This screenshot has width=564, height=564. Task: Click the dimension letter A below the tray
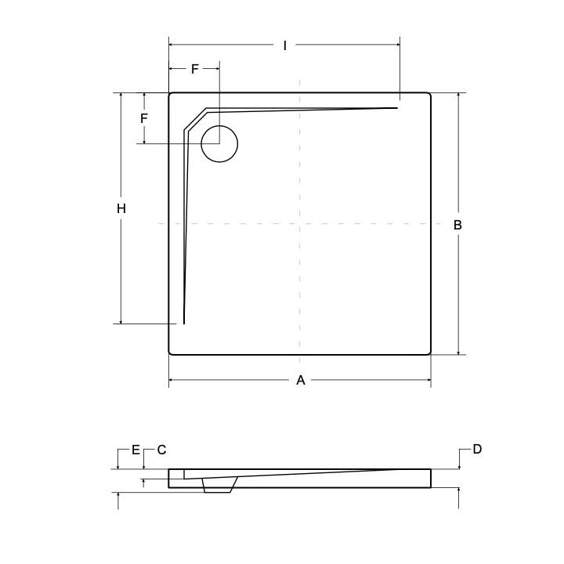[x=300, y=381]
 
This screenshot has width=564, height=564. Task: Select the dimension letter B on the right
[x=458, y=225]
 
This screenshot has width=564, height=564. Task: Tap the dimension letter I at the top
[x=285, y=46]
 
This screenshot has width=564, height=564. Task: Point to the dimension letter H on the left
[x=121, y=208]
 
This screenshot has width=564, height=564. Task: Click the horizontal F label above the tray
[x=195, y=69]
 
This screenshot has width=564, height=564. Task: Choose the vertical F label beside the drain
[x=144, y=118]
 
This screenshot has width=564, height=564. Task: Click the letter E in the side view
[x=136, y=450]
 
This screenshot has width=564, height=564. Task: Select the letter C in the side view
[x=161, y=450]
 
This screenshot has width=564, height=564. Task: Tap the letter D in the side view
[x=477, y=449]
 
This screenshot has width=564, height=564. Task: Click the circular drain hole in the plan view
[x=219, y=143]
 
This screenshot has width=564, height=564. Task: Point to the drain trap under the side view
[x=219, y=486]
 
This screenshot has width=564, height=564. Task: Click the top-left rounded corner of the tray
[x=172, y=96]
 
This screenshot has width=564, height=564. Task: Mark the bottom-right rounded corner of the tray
[x=428, y=352]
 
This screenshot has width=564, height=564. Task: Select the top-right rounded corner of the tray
[x=428, y=96]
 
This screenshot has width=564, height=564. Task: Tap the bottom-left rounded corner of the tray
[x=172, y=352]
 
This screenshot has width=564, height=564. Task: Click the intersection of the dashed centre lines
[x=300, y=224]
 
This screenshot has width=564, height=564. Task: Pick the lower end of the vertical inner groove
[x=184, y=322]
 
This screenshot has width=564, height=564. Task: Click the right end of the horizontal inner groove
[x=396, y=107]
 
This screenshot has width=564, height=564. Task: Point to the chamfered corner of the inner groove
[x=195, y=120]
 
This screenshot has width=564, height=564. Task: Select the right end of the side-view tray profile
[x=429, y=478]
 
